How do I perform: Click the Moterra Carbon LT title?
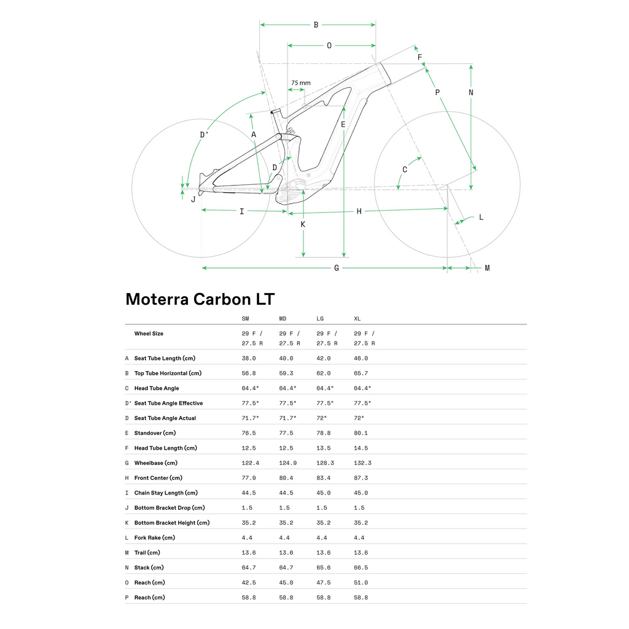coord(200,299)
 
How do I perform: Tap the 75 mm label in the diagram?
coord(301,83)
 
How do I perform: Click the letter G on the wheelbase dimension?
coord(337,268)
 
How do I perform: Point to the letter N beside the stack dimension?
coord(471,93)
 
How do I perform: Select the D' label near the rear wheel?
coord(204,135)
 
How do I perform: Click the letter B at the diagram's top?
coord(316,25)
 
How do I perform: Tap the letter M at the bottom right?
coord(487,268)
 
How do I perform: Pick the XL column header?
coord(357,319)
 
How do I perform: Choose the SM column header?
coord(245,319)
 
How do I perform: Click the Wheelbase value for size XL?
coord(362,463)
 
